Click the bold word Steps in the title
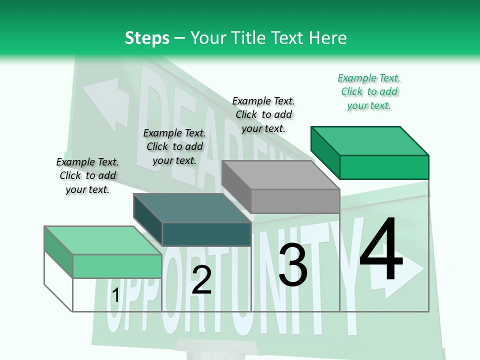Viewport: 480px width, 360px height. (147, 38)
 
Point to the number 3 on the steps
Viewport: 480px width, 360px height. (293, 264)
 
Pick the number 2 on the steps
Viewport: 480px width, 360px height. (201, 279)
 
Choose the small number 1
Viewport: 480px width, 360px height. (115, 295)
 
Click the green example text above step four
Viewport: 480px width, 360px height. (369, 92)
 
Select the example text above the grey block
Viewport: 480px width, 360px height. (263, 115)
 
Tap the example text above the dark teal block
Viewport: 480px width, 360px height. (174, 146)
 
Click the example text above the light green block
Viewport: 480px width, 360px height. (87, 175)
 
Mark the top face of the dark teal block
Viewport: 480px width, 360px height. (192, 208)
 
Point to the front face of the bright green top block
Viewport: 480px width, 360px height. (384, 167)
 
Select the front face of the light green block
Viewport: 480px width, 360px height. (117, 266)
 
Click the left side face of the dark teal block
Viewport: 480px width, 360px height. (148, 219)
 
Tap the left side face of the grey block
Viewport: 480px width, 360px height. (236, 186)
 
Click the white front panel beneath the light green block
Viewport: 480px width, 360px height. (117, 295)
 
